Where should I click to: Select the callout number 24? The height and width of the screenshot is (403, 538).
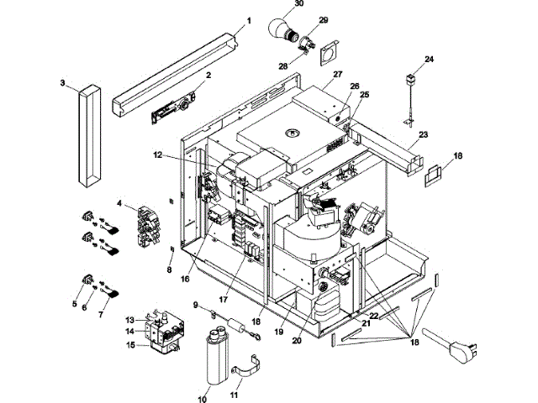coord(430,60)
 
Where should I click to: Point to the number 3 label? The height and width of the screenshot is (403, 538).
coord(62,83)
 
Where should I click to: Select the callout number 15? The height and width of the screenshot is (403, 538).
coord(130,344)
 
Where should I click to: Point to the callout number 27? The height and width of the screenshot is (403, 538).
coord(339,75)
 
